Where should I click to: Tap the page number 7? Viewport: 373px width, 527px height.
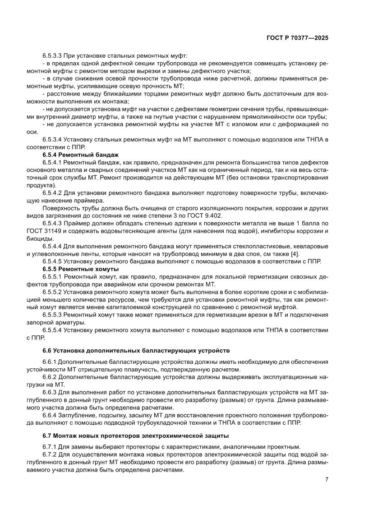pyautogui.click(x=326, y=480)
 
